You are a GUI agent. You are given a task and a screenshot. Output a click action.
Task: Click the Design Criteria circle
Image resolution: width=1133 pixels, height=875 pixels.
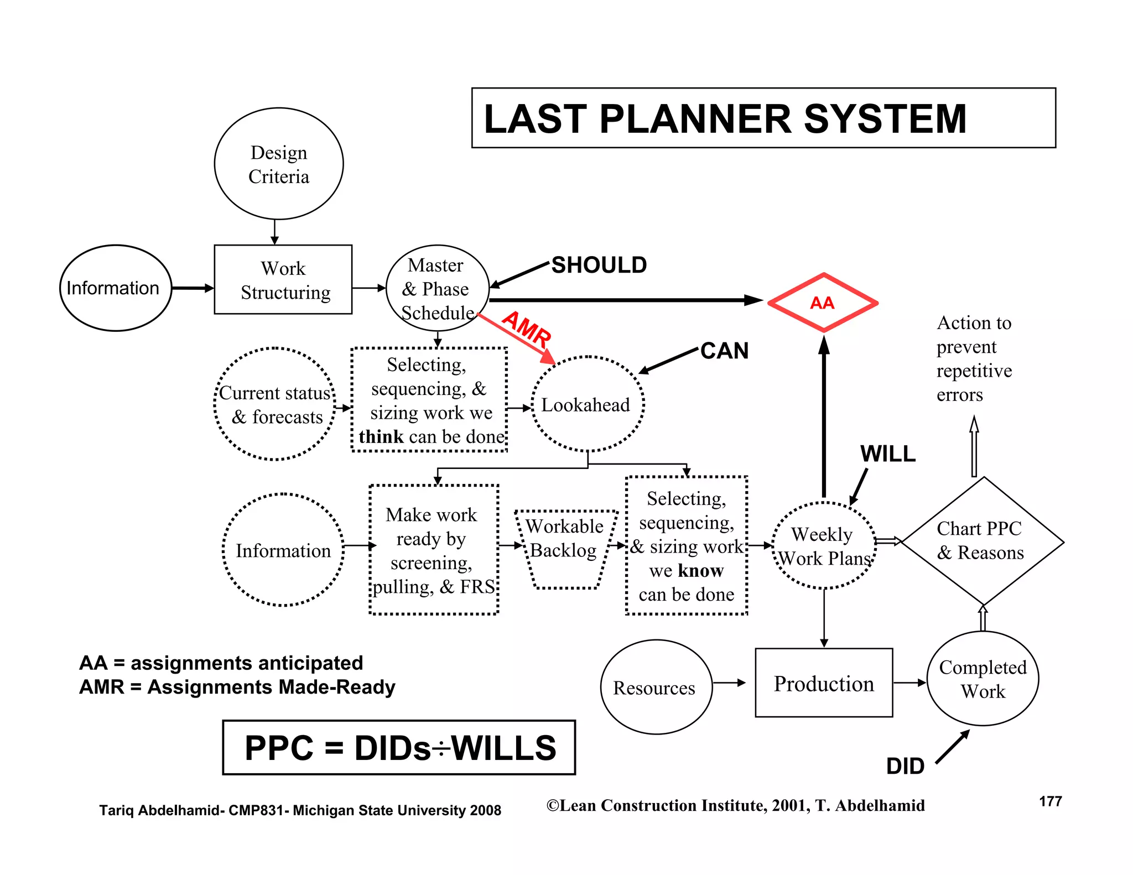point(279,164)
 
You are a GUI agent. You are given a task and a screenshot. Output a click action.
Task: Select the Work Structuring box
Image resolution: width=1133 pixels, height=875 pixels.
point(283,280)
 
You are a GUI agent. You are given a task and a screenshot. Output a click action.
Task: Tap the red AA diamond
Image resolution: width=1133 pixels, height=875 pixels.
point(823,303)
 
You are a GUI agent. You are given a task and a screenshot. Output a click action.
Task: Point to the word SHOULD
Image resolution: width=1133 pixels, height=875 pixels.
point(599,265)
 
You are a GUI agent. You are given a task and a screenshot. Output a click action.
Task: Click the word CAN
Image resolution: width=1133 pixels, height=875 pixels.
point(724,351)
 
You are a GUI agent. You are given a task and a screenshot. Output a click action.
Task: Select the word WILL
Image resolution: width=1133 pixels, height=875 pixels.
point(887,454)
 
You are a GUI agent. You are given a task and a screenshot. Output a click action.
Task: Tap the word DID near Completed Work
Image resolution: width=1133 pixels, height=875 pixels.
point(905,766)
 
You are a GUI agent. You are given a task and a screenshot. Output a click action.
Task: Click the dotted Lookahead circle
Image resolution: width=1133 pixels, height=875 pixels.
point(587,404)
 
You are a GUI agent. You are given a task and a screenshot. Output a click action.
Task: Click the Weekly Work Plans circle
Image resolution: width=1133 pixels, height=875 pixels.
point(824,546)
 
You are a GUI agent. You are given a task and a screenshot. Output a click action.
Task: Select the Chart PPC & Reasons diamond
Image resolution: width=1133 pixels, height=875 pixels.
point(983,541)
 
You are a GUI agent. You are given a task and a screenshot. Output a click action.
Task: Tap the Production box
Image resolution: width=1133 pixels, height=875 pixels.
point(824,684)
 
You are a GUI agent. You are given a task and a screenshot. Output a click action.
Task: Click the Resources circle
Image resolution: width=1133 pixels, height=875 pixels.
point(656,687)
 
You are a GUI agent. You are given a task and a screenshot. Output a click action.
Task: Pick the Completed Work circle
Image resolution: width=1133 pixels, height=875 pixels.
point(983,679)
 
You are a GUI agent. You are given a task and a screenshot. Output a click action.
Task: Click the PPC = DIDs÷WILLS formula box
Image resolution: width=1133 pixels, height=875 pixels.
point(399,748)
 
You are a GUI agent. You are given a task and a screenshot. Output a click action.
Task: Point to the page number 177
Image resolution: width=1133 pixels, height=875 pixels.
point(1050,801)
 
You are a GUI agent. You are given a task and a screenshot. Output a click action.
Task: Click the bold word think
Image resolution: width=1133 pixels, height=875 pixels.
point(381,437)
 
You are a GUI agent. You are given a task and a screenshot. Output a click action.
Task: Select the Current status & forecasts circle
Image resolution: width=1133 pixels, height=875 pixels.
point(275,404)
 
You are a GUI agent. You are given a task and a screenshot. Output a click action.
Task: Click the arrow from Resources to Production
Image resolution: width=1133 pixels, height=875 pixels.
point(730,683)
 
